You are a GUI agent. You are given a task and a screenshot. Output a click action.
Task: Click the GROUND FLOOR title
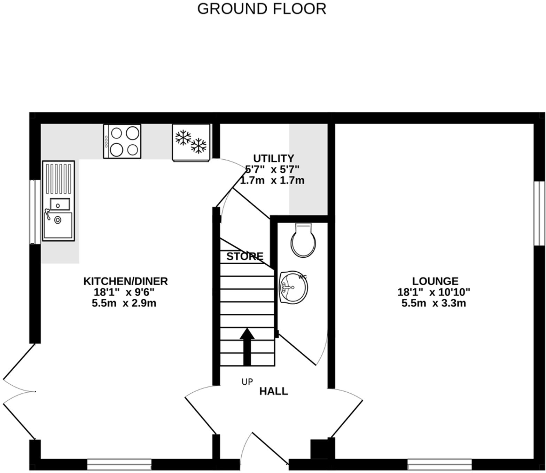[262, 9]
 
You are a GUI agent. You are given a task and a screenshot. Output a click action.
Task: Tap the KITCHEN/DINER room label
[125, 281]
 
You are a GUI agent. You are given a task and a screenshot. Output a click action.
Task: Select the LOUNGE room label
[435, 281]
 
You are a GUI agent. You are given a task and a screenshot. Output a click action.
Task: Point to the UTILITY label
[273, 159]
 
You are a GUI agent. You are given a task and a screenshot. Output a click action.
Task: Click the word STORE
[245, 257]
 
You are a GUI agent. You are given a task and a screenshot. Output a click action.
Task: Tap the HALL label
[273, 392]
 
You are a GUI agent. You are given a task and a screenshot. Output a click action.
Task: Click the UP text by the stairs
[247, 382]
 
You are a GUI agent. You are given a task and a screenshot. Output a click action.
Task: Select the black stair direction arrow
[247, 346]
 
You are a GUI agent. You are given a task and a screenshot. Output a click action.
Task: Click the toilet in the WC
[304, 240]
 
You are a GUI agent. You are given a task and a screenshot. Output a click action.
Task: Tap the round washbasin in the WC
[293, 287]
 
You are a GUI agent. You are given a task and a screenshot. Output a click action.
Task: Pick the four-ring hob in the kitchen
[122, 141]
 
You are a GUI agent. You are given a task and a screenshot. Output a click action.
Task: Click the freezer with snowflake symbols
[191, 142]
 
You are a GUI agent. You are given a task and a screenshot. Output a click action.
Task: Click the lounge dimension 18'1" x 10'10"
[434, 292]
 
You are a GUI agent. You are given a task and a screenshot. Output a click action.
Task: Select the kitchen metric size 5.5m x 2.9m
[124, 303]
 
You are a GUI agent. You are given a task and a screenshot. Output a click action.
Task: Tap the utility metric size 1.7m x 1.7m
[272, 181]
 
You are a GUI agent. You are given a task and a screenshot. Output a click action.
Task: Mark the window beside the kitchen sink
[35, 211]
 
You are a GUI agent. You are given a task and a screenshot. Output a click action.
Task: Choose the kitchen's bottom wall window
[119, 465]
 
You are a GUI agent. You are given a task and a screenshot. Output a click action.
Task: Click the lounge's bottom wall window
[439, 465]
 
